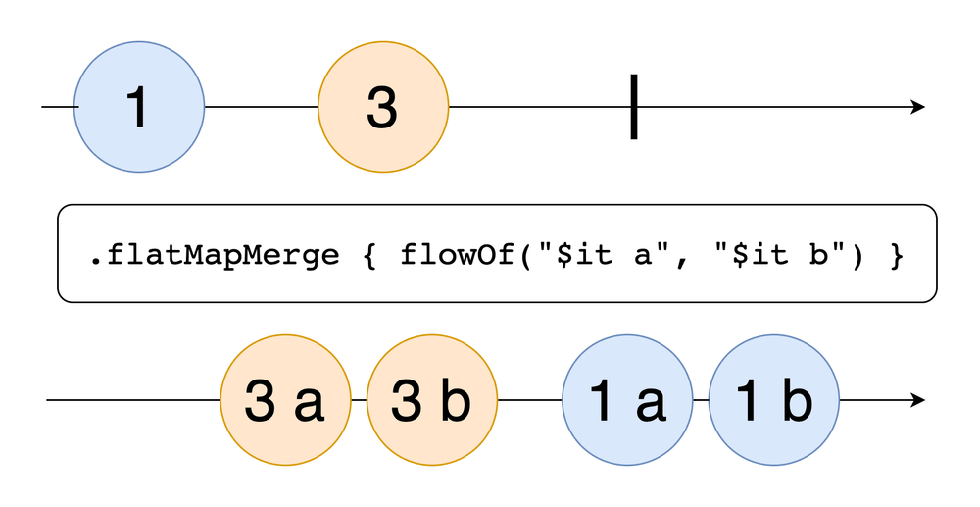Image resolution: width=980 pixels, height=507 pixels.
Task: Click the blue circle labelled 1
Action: [x=139, y=106]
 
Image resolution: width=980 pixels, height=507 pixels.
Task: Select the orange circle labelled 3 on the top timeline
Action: [x=383, y=106]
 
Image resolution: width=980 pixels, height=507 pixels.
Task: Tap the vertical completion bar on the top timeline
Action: [x=634, y=106]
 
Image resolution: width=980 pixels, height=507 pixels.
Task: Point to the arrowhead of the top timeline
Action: [x=917, y=106]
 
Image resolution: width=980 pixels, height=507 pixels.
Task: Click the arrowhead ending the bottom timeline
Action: [x=917, y=400]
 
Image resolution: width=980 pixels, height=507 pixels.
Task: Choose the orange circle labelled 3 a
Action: [x=285, y=400]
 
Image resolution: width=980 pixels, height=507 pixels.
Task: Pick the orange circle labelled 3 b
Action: [x=432, y=400]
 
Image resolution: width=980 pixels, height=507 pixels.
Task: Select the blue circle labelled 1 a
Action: [x=627, y=400]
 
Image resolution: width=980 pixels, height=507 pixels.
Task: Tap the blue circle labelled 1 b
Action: [x=774, y=400]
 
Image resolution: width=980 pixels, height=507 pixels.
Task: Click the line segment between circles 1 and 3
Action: [x=261, y=106]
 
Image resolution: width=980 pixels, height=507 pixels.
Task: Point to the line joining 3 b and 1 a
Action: [x=529, y=400]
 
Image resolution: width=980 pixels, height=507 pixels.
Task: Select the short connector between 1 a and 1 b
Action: [x=701, y=400]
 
